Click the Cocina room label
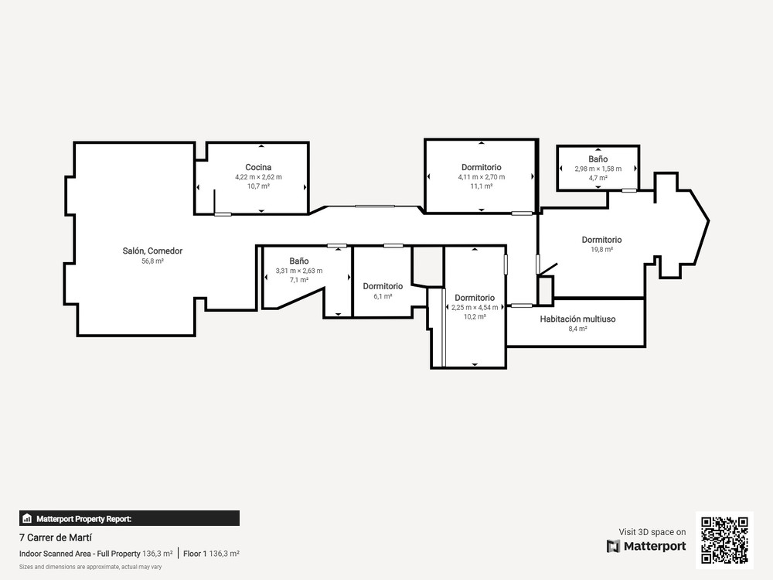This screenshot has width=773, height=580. coord(258,167)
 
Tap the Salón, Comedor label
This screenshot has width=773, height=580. coord(152,251)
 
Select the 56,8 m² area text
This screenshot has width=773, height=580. coord(152,261)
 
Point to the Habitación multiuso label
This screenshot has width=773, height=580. coord(577,319)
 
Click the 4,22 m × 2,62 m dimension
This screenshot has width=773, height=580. coord(258,177)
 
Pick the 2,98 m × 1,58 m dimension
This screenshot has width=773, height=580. coord(598,169)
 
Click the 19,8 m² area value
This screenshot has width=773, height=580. coord(602,250)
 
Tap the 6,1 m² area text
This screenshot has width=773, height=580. coord(383,296)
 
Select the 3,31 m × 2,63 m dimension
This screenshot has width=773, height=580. coord(298,271)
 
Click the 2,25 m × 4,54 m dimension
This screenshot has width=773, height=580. coord(475,308)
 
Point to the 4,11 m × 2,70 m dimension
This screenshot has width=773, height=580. coord(481,177)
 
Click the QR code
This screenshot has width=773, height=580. coord(725,541)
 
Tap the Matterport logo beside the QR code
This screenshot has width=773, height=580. coord(645,547)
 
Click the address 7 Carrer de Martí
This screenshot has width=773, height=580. coord(55,537)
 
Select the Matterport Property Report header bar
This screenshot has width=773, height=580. coord(129,518)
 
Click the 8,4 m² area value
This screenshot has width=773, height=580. coord(577,329)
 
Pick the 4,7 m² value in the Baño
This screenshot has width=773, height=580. coord(598,178)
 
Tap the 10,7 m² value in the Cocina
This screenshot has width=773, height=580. coord(258,186)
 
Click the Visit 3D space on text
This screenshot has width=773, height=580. coord(652,532)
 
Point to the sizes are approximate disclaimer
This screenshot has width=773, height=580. coord(90,567)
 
